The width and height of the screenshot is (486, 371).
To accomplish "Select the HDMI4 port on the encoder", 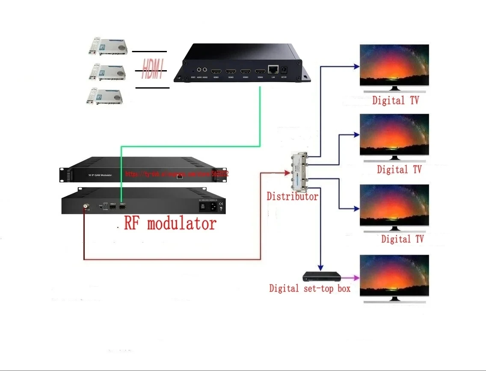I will (260, 71).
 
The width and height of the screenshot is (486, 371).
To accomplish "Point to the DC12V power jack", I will (284, 69).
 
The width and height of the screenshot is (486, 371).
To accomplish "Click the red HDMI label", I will (153, 70).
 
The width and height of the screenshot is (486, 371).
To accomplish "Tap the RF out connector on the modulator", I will (86, 206).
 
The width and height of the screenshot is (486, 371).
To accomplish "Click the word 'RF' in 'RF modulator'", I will (133, 223).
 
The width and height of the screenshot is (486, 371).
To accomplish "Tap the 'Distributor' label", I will (292, 196).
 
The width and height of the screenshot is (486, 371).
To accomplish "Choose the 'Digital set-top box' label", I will (309, 288).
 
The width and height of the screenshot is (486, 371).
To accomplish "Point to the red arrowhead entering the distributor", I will (287, 173).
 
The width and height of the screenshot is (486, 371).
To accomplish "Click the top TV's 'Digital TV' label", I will (395, 101).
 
